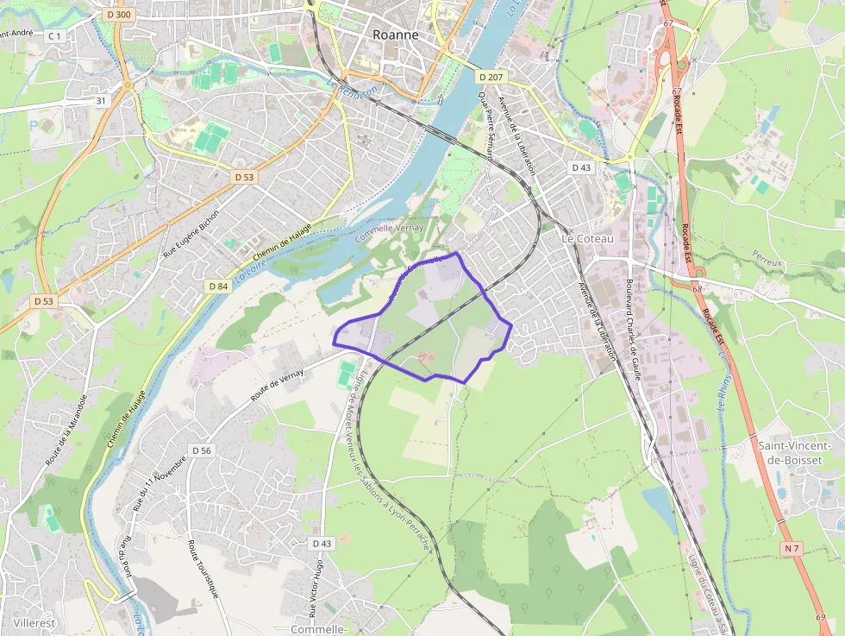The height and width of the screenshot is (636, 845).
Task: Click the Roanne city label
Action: coord(396,35)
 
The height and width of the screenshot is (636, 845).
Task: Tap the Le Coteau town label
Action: coord(591,237)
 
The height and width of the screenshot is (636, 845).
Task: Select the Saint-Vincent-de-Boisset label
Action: coord(790,452)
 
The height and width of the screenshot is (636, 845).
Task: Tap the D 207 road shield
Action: coord(490,78)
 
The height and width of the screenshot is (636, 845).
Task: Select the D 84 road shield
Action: coord(218,286)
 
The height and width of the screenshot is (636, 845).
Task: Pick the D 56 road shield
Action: coord(202,450)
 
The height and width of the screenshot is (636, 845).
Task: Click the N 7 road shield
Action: coord(792,548)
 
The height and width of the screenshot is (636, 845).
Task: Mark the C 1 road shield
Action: coord(55,35)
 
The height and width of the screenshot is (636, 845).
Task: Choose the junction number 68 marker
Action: coord(697,289)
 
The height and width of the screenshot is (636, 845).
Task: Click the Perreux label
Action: coord(766,260)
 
